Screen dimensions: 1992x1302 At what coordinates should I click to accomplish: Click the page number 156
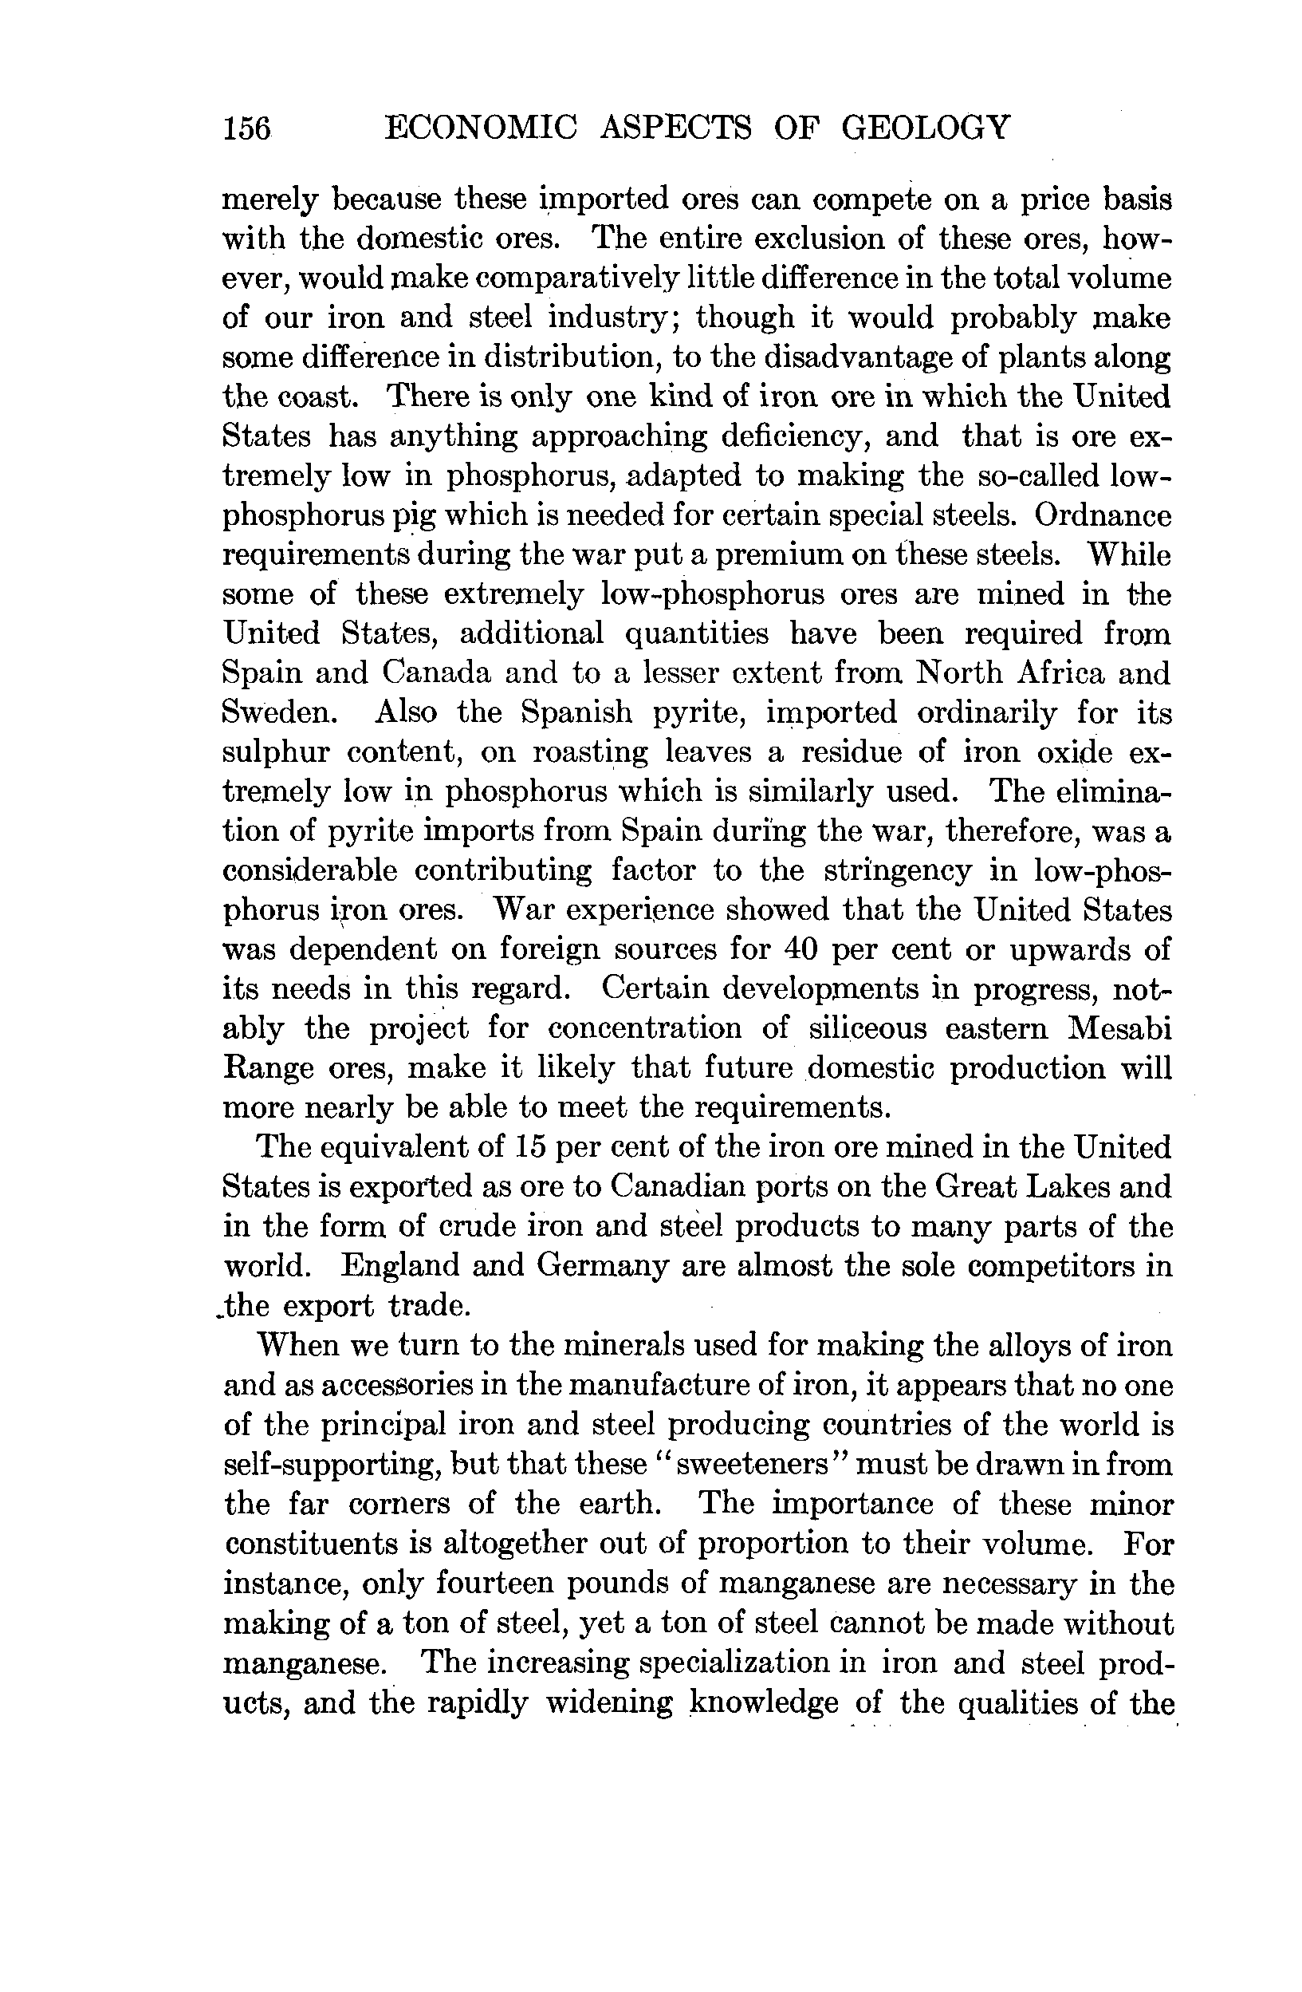pyautogui.click(x=247, y=129)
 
